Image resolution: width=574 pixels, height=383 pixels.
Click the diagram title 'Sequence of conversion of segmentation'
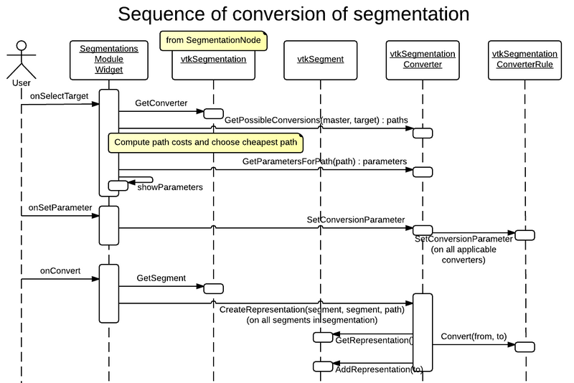(x=293, y=14)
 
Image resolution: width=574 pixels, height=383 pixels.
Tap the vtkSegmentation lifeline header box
(x=212, y=60)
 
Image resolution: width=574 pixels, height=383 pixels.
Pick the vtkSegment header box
(x=319, y=60)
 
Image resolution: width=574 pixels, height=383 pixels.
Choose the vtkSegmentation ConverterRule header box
(x=525, y=60)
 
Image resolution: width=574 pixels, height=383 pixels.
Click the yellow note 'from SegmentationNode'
(x=213, y=41)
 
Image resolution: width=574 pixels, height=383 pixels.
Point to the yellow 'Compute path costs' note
(x=204, y=143)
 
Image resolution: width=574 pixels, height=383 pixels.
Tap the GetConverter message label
(x=161, y=103)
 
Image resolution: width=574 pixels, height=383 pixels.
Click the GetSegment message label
(x=161, y=278)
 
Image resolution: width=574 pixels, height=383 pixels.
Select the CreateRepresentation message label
(x=311, y=309)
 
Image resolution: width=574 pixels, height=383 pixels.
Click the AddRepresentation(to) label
(x=380, y=369)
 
